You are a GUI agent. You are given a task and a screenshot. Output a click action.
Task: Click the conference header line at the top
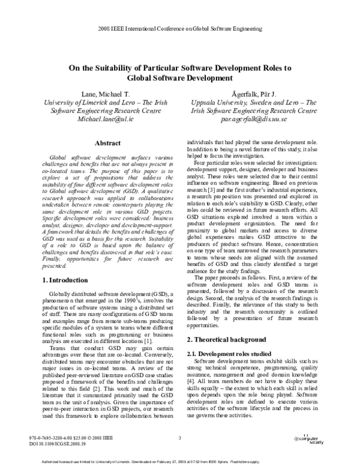point(179,29)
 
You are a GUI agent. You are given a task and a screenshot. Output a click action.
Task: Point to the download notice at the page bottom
point(179,461)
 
